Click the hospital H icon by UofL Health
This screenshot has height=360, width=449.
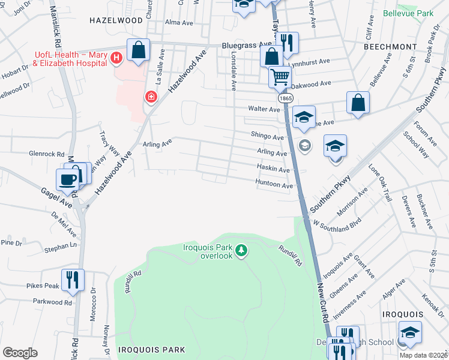(117, 58)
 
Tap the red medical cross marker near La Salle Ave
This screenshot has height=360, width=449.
(150, 97)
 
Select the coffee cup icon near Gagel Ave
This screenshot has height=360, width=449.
(67, 179)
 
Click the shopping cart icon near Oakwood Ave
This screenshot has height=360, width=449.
(280, 76)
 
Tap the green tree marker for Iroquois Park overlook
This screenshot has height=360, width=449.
(241, 249)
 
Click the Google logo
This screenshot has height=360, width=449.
(20, 353)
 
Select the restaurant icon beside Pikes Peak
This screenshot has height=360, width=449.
(73, 279)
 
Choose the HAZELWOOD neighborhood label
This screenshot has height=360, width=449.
(116, 20)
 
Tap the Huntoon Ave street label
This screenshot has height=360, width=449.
(274, 185)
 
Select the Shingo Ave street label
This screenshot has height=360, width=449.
(267, 137)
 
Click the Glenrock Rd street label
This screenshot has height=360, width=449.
(46, 154)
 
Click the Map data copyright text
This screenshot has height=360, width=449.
(423, 355)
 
